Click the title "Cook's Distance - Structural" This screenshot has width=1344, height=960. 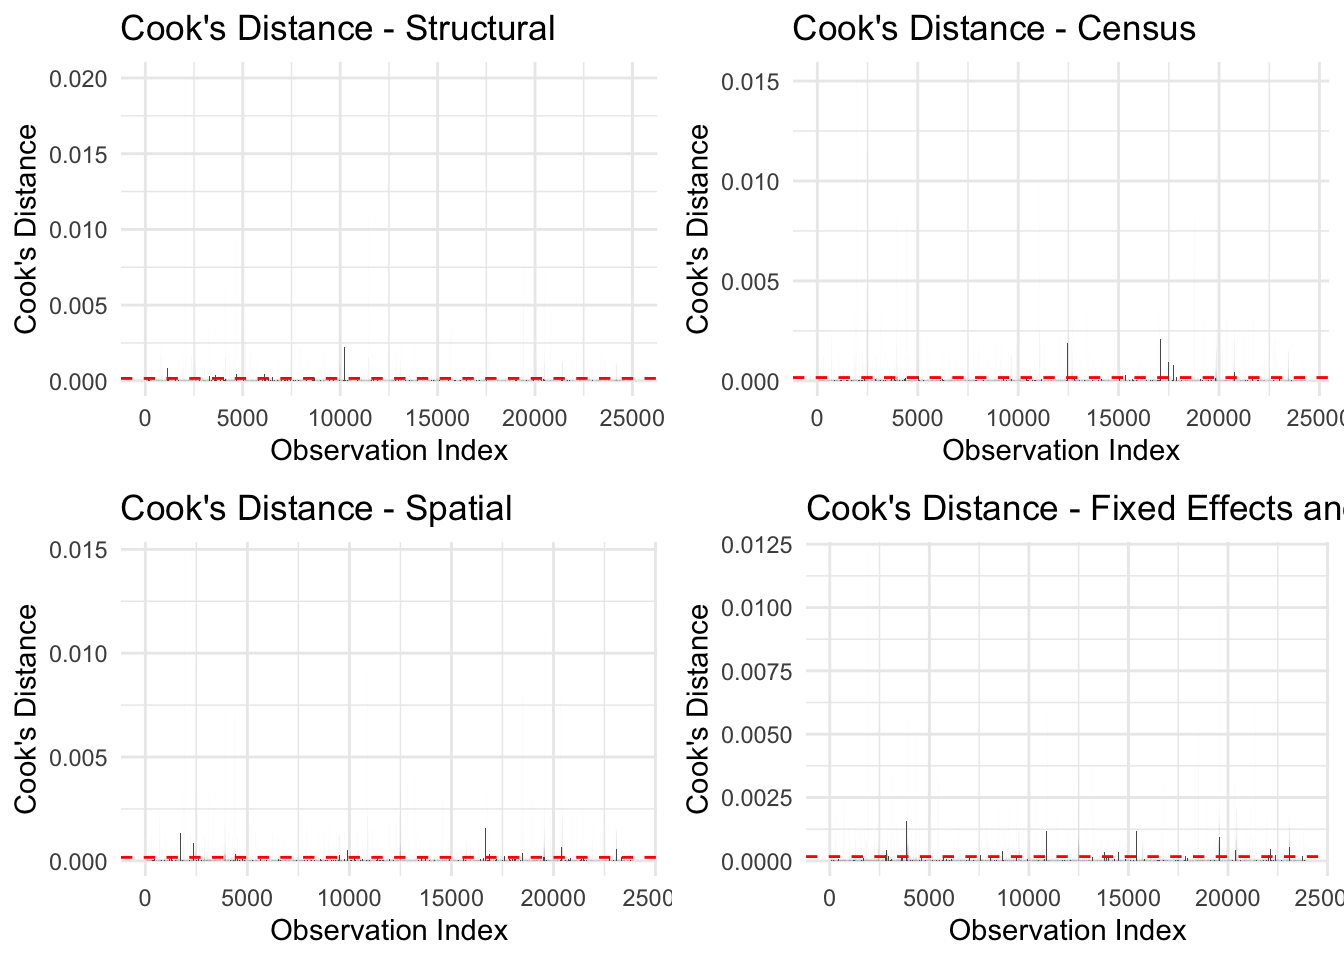pos(337,28)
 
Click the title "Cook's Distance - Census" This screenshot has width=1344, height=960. pos(993,28)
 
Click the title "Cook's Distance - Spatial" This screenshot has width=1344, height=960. pos(316,508)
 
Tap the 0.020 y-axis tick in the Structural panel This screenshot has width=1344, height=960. pos(78,79)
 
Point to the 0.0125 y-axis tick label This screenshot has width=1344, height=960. pos(756,545)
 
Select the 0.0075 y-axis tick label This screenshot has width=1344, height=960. pos(756,672)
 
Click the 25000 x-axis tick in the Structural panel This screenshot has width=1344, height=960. pos(631,418)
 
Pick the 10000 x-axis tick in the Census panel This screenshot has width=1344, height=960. pos(1018,418)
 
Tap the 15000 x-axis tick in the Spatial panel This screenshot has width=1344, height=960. pos(451,898)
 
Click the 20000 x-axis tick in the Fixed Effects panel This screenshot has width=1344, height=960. pos(1227,898)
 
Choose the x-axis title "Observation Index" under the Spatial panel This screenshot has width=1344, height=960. pos(389,930)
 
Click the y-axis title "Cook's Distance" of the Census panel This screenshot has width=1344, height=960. pos(697,229)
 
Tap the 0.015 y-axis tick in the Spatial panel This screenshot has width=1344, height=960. pos(78,550)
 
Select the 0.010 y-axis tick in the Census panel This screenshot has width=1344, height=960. pos(750,182)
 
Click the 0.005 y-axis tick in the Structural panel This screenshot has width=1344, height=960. pos(78,306)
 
